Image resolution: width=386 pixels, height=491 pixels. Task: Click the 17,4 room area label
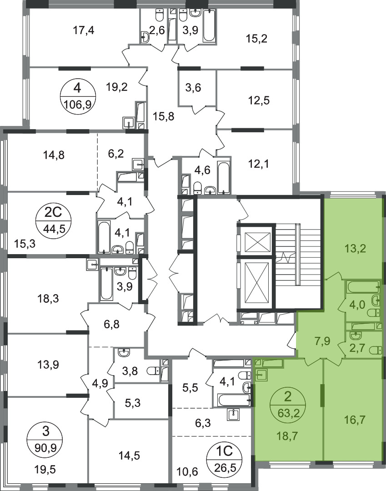pos(84,30)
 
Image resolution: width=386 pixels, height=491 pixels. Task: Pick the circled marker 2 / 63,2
pos(288,406)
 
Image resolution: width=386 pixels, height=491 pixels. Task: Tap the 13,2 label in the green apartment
pos(356,249)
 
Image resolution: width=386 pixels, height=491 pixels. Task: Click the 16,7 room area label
pos(356,419)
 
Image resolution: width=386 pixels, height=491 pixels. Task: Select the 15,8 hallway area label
pos(163,116)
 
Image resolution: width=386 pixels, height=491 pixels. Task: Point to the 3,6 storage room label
pos(193,88)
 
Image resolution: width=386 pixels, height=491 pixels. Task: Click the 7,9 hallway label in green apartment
pos(322,341)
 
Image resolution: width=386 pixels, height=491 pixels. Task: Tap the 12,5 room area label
pos(259,100)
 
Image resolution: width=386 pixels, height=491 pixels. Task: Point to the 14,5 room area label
pos(129,455)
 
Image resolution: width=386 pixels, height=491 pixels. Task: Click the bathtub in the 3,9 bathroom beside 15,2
pos(209,25)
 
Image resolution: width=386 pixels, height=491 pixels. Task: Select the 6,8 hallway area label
pos(112,324)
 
